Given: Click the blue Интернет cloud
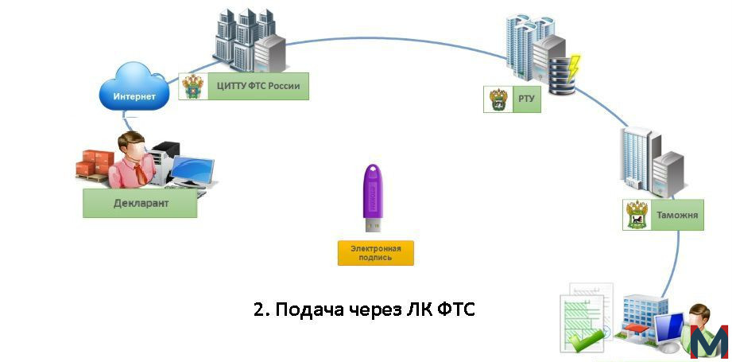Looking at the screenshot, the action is pos(134,88).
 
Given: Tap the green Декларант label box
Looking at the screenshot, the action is pos(140,203).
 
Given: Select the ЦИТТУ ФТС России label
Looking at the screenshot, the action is pos(258,86).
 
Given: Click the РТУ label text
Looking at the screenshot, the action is pos(526,99).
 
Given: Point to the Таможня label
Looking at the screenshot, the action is pos(677,215).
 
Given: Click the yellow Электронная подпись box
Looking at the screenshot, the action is pos(376,253).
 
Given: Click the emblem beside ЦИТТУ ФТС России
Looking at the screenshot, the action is pos(193,86).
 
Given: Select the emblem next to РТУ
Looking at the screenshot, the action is pos(498,99).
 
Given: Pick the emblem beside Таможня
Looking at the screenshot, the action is pos(637,215).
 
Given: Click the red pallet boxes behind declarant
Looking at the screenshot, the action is pos(95,165).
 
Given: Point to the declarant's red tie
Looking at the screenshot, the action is pos(140,172).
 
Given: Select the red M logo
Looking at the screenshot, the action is pos(709,342).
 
